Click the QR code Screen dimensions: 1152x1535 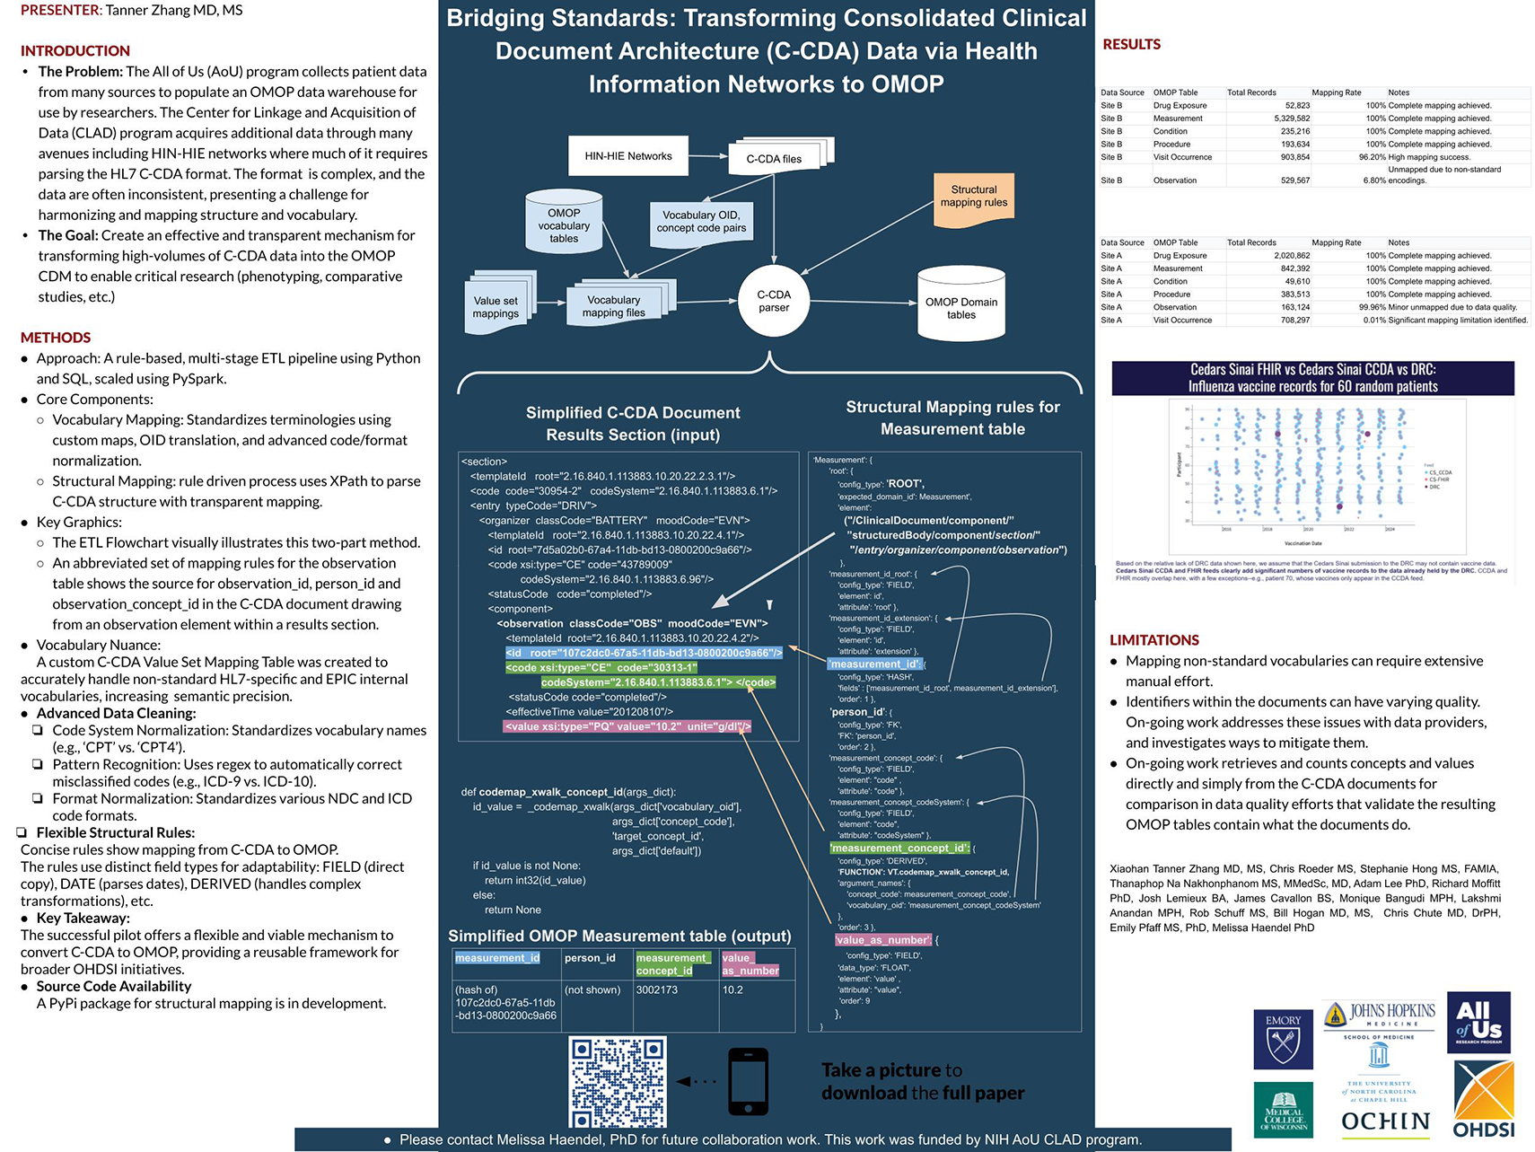[x=618, y=1082]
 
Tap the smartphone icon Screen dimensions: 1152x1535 [x=748, y=1081]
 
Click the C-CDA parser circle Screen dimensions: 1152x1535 [x=773, y=301]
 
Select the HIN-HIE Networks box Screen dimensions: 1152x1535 [x=628, y=156]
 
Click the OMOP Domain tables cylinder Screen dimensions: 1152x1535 [x=960, y=305]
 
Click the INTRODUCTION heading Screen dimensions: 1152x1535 [x=75, y=51]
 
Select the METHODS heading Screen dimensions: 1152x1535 [x=56, y=338]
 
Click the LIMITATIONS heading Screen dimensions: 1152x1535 [x=1153, y=640]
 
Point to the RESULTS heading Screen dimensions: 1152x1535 [x=1131, y=45]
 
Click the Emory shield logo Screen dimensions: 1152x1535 [x=1283, y=1039]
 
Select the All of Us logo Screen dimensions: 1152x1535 [x=1478, y=1023]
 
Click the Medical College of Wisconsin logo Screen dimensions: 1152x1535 [x=1283, y=1110]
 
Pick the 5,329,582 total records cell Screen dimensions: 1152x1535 [x=1292, y=119]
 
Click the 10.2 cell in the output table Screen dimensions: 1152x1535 [x=732, y=990]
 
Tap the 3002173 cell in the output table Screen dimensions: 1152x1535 [x=657, y=990]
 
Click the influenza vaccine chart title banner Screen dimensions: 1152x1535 [x=1312, y=378]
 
